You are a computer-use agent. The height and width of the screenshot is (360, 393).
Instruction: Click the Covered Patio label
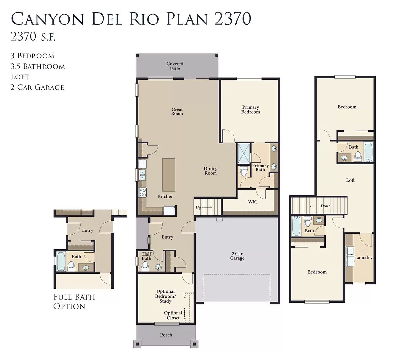pyautogui.click(x=175, y=66)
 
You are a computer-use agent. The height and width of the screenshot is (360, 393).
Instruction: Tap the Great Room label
pyautogui.click(x=177, y=111)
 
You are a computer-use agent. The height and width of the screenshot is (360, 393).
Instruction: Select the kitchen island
pyautogui.click(x=169, y=175)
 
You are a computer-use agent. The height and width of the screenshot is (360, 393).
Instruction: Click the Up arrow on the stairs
pyautogui.click(x=207, y=207)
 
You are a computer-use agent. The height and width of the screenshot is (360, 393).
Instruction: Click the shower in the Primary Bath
pyautogui.click(x=244, y=153)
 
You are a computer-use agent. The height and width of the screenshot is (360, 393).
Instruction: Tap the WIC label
pyautogui.click(x=253, y=202)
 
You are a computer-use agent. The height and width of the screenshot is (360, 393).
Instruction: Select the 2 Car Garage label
pyautogui.click(x=237, y=256)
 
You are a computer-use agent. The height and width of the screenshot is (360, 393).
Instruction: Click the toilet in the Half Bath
pyautogui.click(x=145, y=266)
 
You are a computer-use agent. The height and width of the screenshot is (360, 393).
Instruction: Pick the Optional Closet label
pyautogui.click(x=173, y=315)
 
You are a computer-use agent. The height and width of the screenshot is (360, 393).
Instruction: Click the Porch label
pyautogui.click(x=166, y=335)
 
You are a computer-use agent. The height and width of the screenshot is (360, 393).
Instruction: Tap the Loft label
pyautogui.click(x=350, y=180)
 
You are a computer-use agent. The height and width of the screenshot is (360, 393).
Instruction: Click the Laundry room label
pyautogui.click(x=364, y=258)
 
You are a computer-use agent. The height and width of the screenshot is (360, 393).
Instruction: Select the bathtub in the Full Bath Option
pyautogui.click(x=61, y=262)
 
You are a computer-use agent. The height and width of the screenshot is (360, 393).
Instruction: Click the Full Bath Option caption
pyautogui.click(x=74, y=302)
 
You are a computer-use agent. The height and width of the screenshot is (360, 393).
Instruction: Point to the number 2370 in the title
pyautogui.click(x=233, y=18)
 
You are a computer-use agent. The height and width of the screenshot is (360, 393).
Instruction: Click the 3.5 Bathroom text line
pyautogui.click(x=38, y=66)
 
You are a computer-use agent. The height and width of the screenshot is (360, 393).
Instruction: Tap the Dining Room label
pyautogui.click(x=211, y=171)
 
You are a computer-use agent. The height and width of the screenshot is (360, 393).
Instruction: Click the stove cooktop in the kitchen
pyautogui.click(x=142, y=192)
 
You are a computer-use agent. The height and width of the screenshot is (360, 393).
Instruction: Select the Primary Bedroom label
pyautogui.click(x=251, y=110)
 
